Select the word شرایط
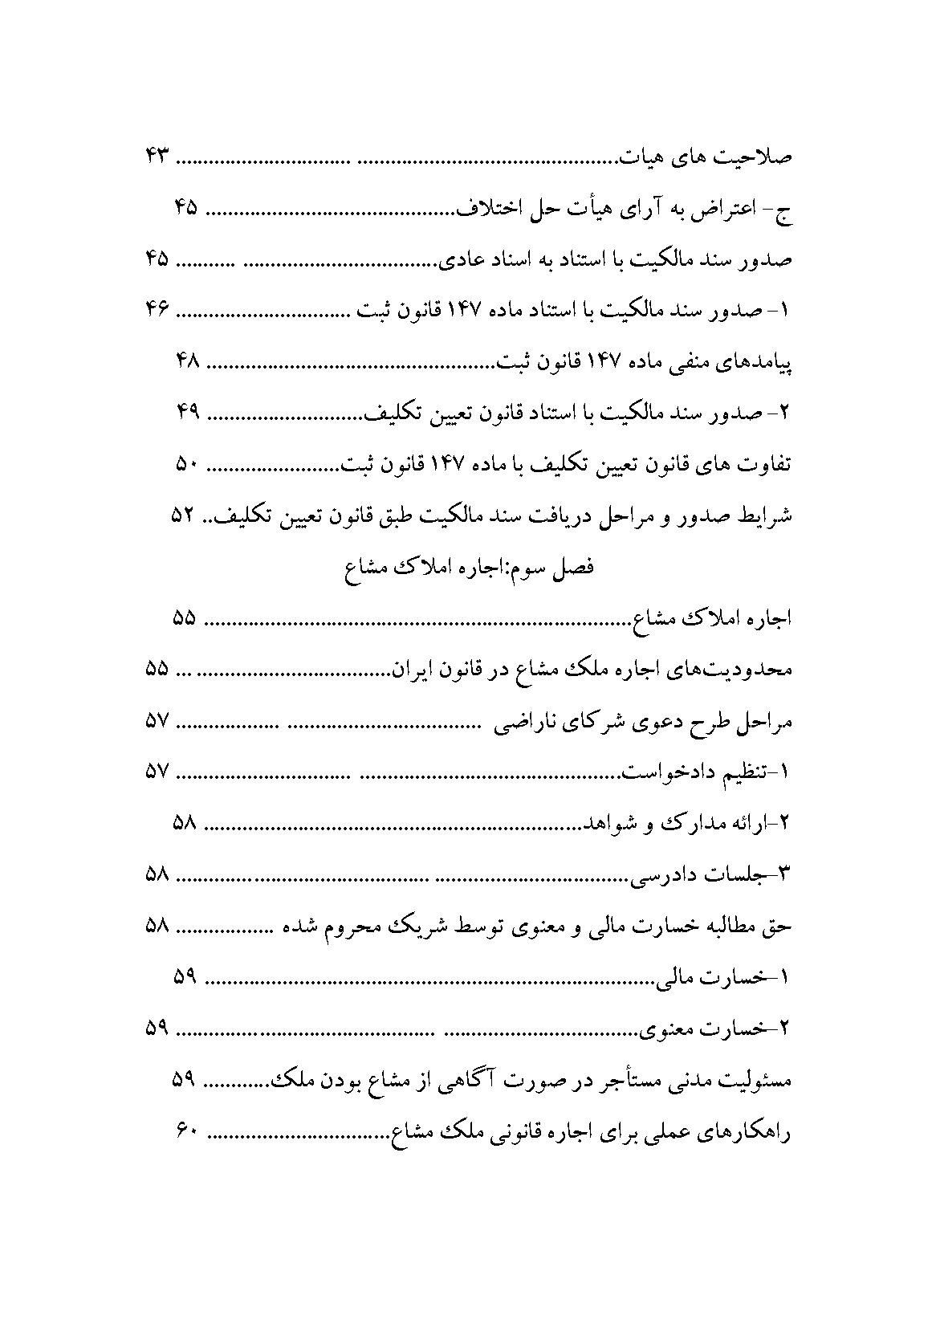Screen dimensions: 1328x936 [x=766, y=517]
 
